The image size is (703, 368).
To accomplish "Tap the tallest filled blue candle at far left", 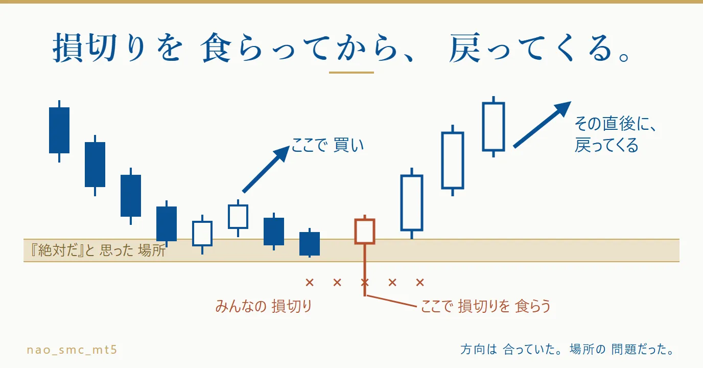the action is coord(59,130).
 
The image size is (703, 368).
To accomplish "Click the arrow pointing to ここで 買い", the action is coord(266,169).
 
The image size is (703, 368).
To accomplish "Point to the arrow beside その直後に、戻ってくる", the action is coord(542,124).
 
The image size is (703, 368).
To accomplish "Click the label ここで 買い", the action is coord(327,145).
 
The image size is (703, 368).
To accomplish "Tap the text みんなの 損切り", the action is coord(264,306).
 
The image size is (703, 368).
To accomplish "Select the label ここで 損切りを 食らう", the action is coord(485,306).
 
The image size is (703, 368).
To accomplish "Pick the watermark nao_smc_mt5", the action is coord(72,350).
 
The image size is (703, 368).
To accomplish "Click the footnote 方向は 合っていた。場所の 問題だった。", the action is coord(568,349).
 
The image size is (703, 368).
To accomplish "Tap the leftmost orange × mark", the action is coord(310,283).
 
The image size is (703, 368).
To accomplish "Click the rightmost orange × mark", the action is coord(420,283).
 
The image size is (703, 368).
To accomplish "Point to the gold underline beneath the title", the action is coord(351,73).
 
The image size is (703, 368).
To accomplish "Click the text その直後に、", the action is coord(616,123).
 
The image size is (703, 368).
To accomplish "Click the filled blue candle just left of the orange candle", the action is coord(310,243).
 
